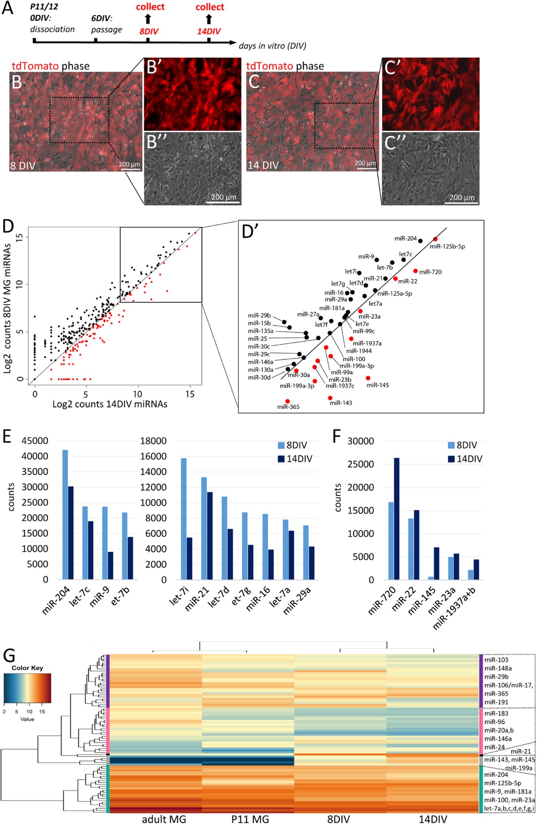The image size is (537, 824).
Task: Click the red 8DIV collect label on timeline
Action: click(x=150, y=7)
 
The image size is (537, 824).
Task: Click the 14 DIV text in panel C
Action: click(x=263, y=165)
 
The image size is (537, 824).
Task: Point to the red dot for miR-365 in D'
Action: click(x=287, y=401)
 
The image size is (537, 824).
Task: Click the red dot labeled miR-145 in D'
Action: click(x=368, y=378)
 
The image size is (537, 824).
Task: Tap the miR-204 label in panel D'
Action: click(x=405, y=238)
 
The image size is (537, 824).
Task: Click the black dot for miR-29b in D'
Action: click(x=284, y=322)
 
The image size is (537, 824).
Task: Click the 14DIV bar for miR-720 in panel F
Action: click(x=396, y=519)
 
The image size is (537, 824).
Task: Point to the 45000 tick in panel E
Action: click(x=35, y=441)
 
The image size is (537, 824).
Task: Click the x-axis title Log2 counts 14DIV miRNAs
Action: click(x=110, y=404)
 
